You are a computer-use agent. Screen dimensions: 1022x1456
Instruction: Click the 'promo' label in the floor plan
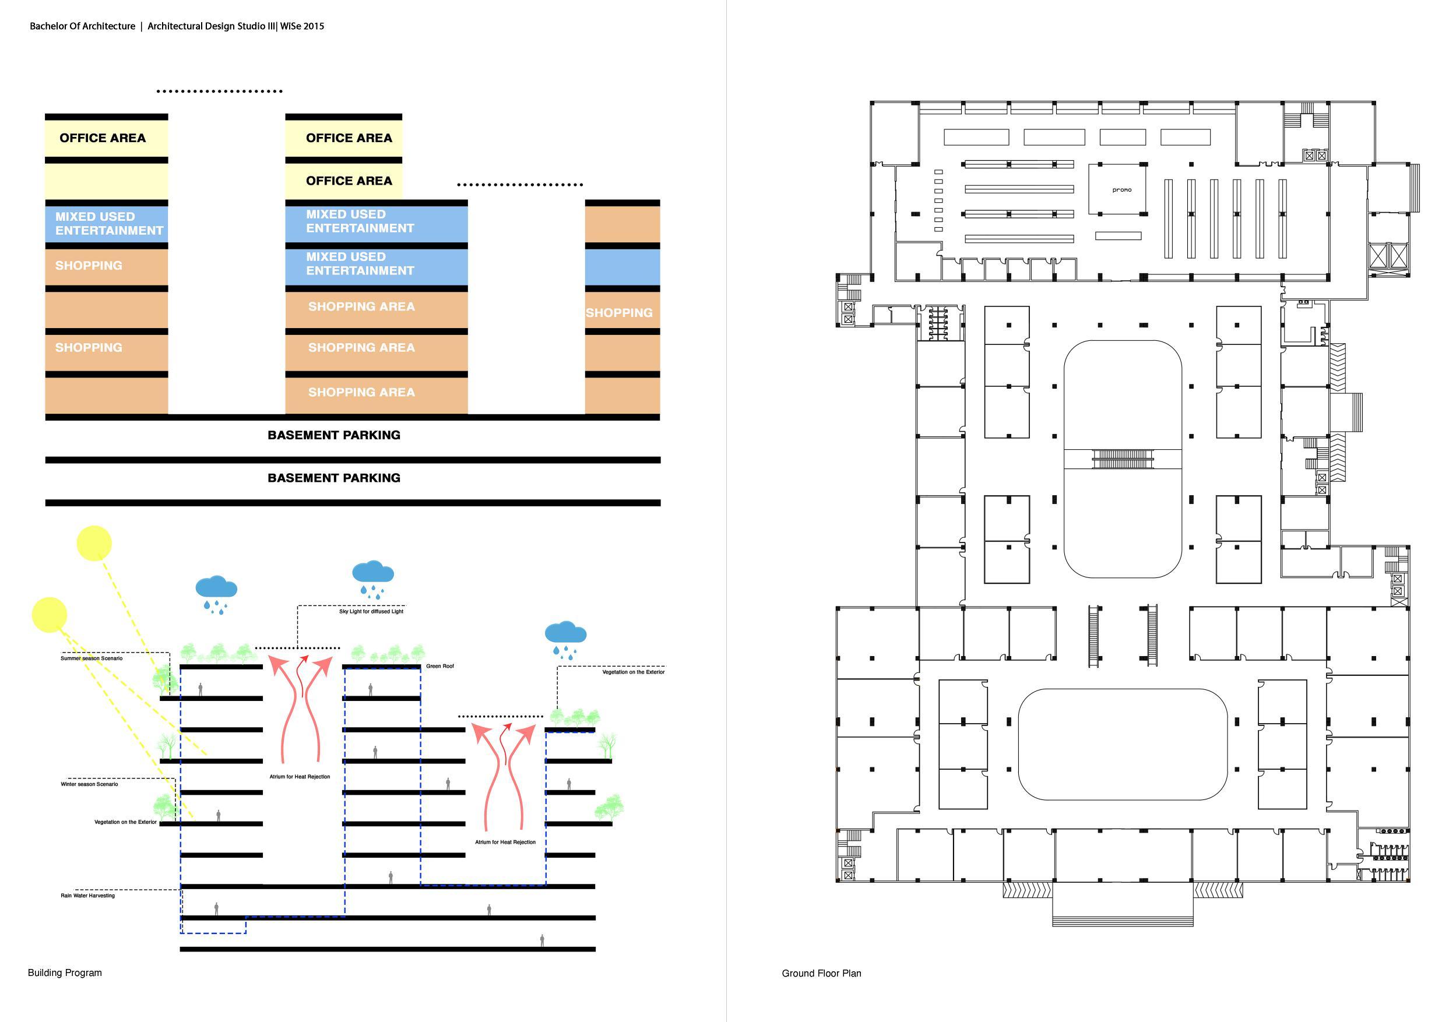[x=1121, y=189]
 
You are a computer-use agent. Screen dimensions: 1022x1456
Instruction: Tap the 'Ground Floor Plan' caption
[x=821, y=973]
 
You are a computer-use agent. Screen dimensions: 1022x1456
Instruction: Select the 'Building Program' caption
[x=65, y=972]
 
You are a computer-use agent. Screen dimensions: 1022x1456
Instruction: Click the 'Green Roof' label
[x=439, y=665]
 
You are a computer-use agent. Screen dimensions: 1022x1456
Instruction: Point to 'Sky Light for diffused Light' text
[x=371, y=611]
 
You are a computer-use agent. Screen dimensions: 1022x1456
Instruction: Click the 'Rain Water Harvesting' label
[x=87, y=895]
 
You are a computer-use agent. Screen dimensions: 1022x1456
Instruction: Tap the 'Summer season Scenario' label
[x=92, y=658]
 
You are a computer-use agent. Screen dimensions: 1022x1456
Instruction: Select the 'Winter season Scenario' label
[x=89, y=784]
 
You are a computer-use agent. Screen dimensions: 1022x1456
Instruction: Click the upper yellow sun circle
[x=94, y=543]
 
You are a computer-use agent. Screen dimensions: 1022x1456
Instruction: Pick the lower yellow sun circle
[x=50, y=614]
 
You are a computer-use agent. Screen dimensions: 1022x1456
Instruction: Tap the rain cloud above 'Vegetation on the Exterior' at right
[x=565, y=635]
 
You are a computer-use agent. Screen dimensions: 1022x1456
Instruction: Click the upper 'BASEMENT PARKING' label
[x=333, y=435]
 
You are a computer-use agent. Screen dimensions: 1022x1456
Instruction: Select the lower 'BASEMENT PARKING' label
[x=333, y=477]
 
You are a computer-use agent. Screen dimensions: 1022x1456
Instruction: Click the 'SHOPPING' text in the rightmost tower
[x=619, y=312]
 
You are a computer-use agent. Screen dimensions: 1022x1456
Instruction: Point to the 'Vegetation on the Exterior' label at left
[x=125, y=822]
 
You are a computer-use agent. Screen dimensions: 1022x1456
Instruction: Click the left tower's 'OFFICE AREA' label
[x=103, y=138]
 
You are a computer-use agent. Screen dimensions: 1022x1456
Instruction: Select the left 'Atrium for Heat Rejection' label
[x=300, y=776]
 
